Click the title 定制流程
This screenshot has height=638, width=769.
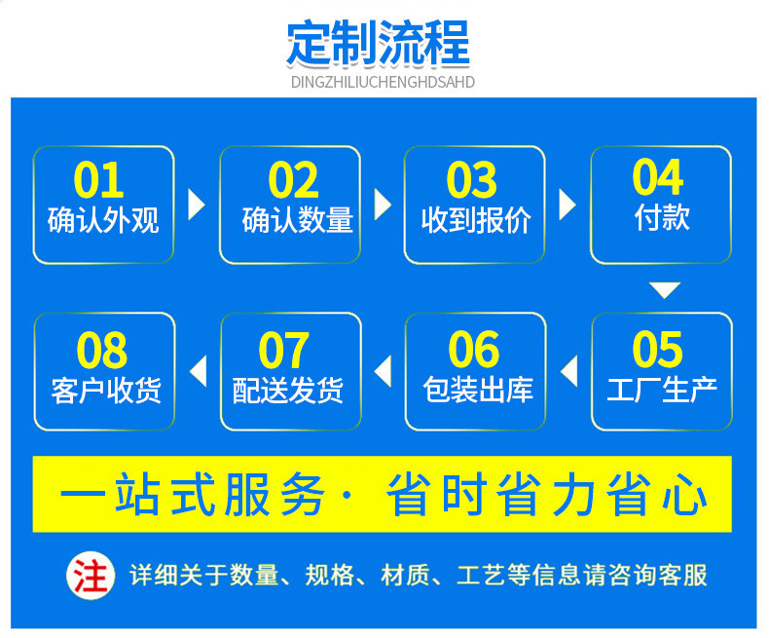click(378, 43)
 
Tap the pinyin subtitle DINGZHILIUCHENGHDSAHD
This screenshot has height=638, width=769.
click(383, 82)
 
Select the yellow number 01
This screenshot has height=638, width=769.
click(98, 179)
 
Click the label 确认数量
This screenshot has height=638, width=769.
click(297, 220)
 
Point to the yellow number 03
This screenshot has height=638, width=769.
click(472, 179)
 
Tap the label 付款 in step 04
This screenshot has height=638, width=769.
click(662, 217)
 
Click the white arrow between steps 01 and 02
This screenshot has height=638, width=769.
click(197, 205)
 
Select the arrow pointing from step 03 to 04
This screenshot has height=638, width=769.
click(568, 205)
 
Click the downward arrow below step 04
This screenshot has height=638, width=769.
click(665, 289)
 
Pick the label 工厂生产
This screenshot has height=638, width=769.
click(662, 391)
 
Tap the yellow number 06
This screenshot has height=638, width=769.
click(474, 350)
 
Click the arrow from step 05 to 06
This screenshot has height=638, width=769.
click(568, 371)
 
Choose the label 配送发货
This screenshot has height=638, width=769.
click(288, 391)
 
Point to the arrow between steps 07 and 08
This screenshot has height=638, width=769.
click(199, 371)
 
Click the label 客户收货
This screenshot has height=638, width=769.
click(106, 391)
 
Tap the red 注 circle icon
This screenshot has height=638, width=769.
click(91, 576)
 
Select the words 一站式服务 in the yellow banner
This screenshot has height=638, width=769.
click(192, 494)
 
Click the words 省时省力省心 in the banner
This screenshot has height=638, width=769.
click(547, 494)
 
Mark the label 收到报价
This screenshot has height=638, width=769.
click(476, 220)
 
